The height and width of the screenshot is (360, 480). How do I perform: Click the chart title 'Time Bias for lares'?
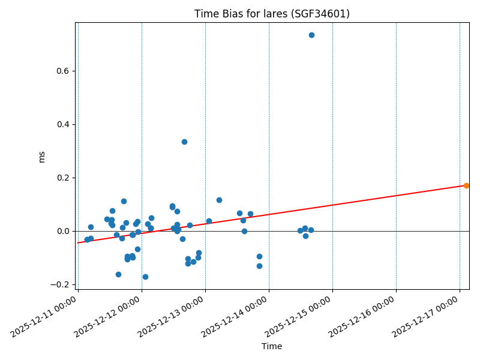(272, 14)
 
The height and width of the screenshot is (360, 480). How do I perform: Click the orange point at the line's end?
(466, 185)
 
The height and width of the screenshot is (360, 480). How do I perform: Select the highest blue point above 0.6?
(311, 35)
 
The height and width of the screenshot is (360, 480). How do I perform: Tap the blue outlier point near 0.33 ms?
(184, 142)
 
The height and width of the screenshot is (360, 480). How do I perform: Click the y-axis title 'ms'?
(42, 157)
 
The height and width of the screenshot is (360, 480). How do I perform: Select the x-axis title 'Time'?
(272, 346)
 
